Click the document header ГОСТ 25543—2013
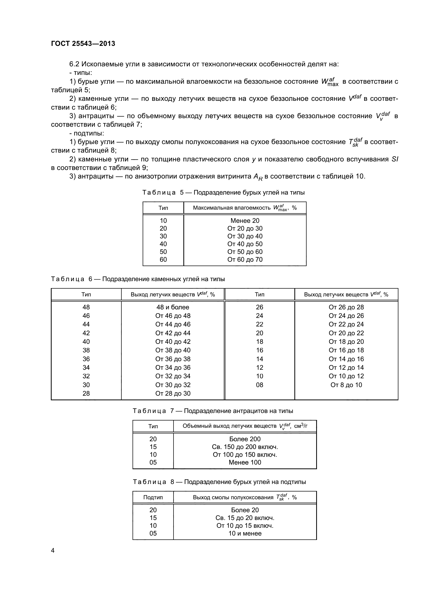coord(83,44)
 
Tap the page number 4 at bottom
coord(53,550)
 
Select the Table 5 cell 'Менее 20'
coord(245,221)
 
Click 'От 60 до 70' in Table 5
coord(245,259)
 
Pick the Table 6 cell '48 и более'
coord(173,307)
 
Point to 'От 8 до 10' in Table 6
coord(346,385)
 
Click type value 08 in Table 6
coord(259,385)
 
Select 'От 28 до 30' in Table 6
coord(173,394)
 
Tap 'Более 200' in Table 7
coord(245,439)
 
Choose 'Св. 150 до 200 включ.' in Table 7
coord(245,447)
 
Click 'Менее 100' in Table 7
coord(245,462)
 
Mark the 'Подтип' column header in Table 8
coord(153,497)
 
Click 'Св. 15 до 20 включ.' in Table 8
coord(245,518)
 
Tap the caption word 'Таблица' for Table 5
coord(159,193)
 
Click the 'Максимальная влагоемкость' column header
coord(231,208)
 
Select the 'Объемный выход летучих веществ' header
coord(229,426)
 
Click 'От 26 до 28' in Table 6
coord(346,307)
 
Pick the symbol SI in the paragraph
coord(395,159)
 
